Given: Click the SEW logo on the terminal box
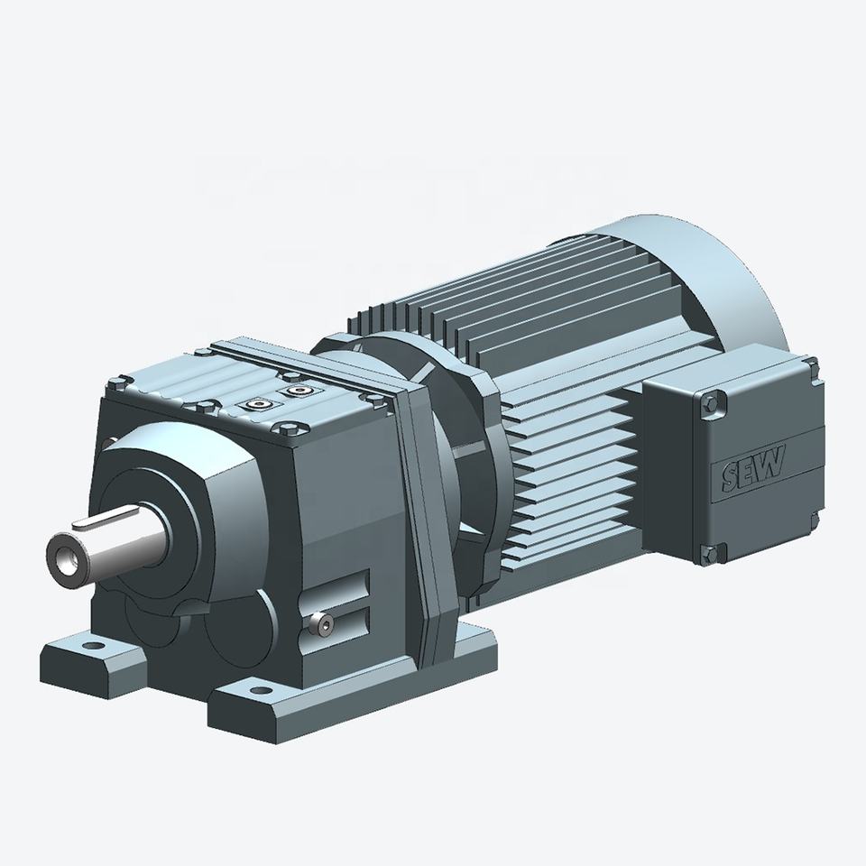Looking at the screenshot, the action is click(753, 469).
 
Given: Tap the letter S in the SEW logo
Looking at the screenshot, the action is click(732, 477).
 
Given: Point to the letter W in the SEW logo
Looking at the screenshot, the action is click(771, 462).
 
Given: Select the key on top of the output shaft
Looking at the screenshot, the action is click(106, 517).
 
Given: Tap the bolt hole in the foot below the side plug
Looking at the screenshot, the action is click(259, 690).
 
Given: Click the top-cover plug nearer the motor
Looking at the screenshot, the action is click(299, 391).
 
